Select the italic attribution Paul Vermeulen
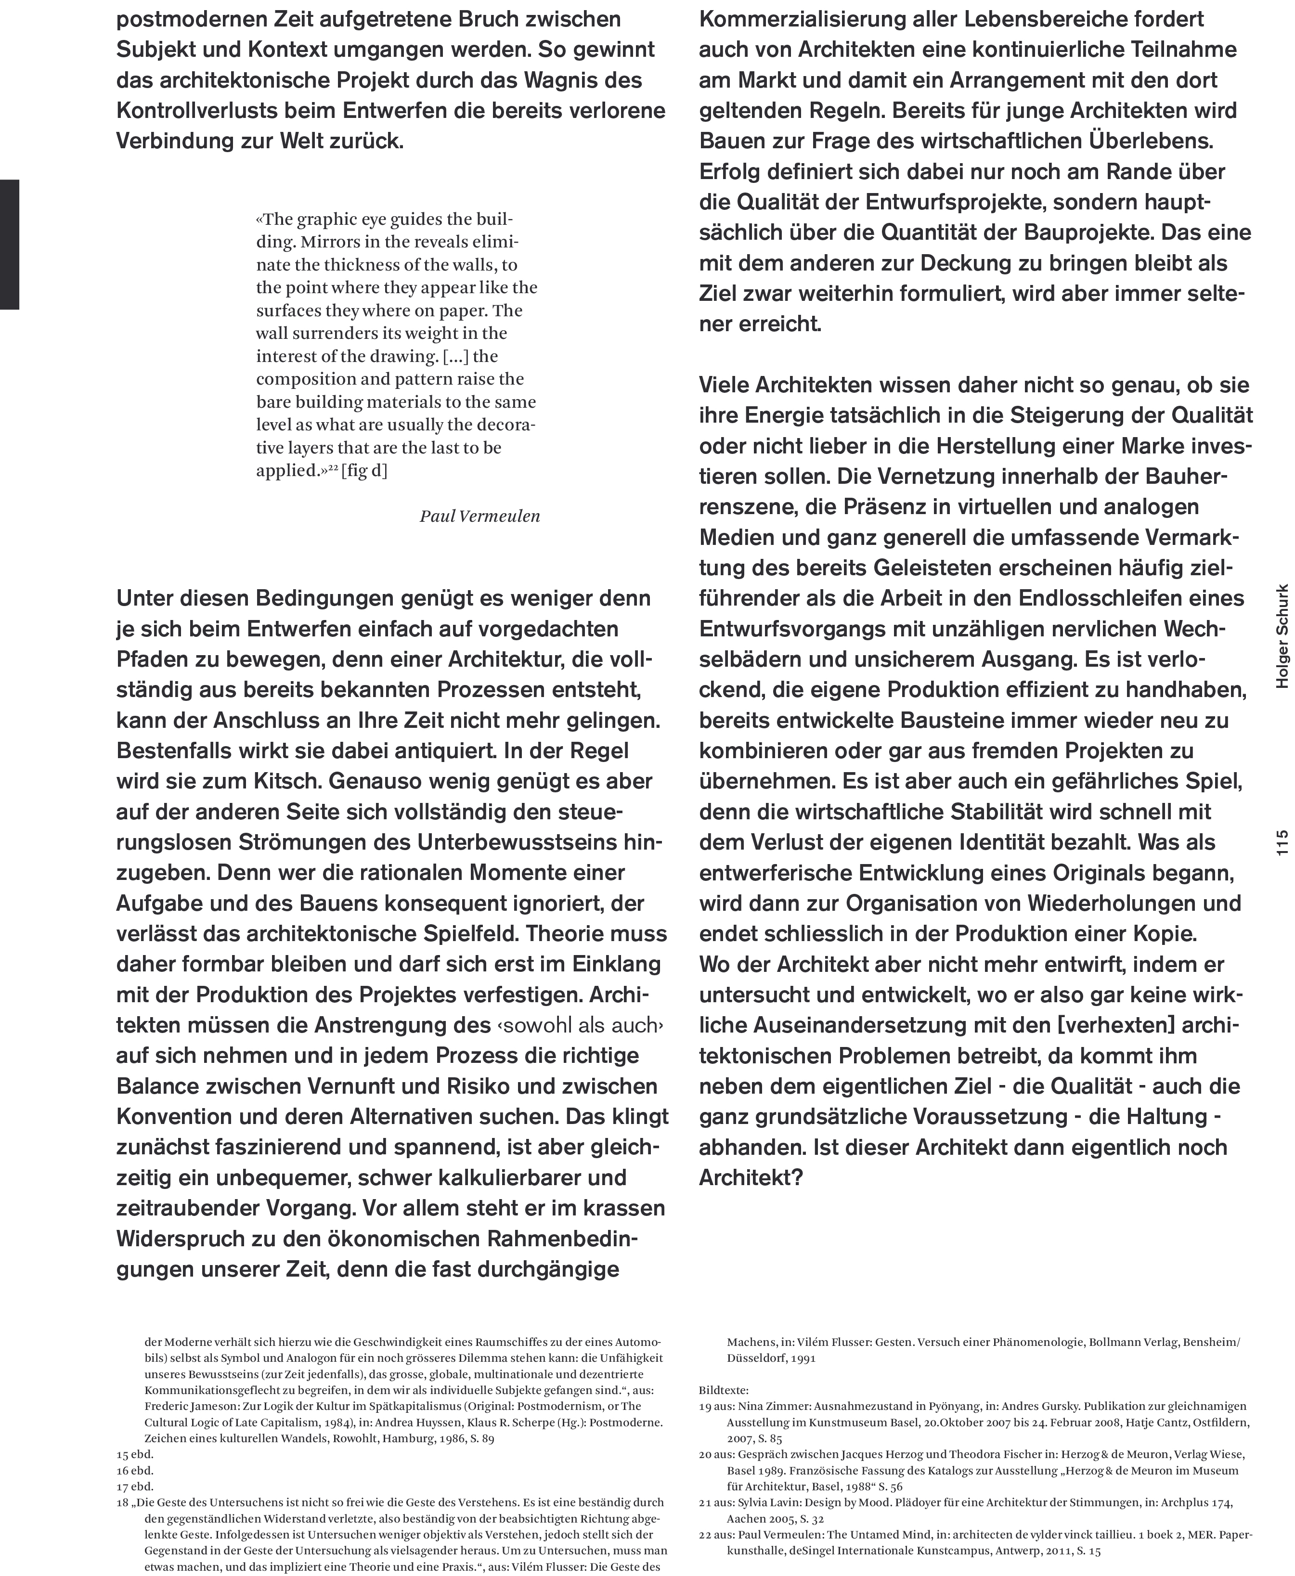479,516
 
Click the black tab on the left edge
9,244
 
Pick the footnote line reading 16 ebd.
135,1471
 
